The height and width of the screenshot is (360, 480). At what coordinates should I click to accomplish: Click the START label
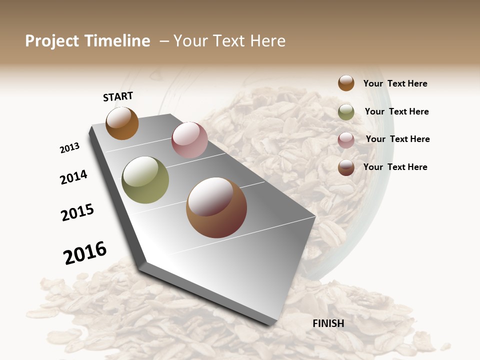118,96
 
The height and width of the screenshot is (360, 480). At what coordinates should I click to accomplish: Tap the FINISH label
328,323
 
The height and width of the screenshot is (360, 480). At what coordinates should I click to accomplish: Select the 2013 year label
69,148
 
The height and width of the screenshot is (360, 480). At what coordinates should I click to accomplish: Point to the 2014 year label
73,177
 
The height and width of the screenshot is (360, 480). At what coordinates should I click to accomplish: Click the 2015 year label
77,212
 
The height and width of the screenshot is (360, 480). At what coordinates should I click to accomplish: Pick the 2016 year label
85,253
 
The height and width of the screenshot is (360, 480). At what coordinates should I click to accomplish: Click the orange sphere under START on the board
122,123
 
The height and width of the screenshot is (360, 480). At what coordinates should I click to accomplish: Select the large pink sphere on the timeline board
189,139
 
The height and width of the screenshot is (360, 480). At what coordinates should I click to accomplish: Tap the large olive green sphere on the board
145,180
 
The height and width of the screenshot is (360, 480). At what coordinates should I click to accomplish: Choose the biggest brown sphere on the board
216,207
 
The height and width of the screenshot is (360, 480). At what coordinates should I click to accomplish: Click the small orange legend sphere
346,83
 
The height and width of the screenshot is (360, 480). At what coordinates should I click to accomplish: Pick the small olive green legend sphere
346,112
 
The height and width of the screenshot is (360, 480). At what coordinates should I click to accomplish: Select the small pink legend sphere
346,140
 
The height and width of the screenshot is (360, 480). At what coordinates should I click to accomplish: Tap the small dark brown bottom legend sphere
346,167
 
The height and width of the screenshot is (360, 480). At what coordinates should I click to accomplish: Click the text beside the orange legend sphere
395,83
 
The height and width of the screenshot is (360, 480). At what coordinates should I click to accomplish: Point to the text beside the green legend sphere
396,111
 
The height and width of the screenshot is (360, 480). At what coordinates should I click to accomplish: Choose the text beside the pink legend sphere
397,139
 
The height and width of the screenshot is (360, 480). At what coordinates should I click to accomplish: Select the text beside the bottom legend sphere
395,167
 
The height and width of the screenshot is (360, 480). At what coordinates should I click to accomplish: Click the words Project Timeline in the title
87,41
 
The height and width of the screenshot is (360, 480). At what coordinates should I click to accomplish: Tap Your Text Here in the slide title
229,41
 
